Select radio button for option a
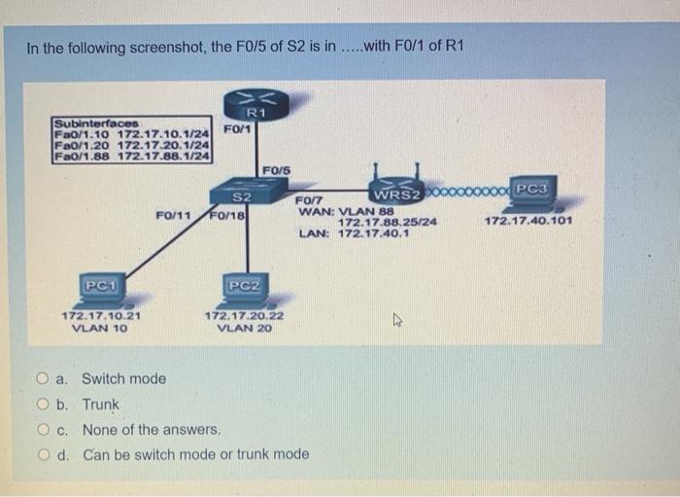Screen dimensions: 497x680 point(43,379)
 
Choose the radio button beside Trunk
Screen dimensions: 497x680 point(43,405)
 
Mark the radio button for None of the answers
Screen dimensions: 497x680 point(43,430)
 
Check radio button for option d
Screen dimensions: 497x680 point(43,455)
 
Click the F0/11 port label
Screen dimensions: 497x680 point(171,214)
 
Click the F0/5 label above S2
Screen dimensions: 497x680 point(277,171)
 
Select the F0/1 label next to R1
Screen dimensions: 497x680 point(237,128)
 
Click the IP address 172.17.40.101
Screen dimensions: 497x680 point(527,222)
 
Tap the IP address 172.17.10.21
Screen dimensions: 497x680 point(100,316)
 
